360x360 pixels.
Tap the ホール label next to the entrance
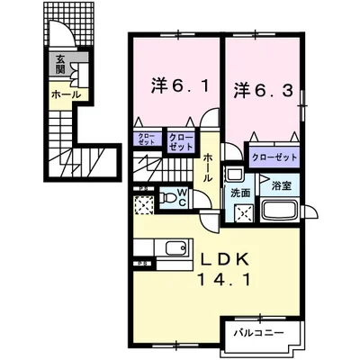point(67,94)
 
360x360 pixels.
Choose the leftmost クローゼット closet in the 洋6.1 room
point(146,139)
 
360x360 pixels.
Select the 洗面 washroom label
point(239,193)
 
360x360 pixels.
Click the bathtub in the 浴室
point(281,214)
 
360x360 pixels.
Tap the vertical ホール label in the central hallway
point(208,167)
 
